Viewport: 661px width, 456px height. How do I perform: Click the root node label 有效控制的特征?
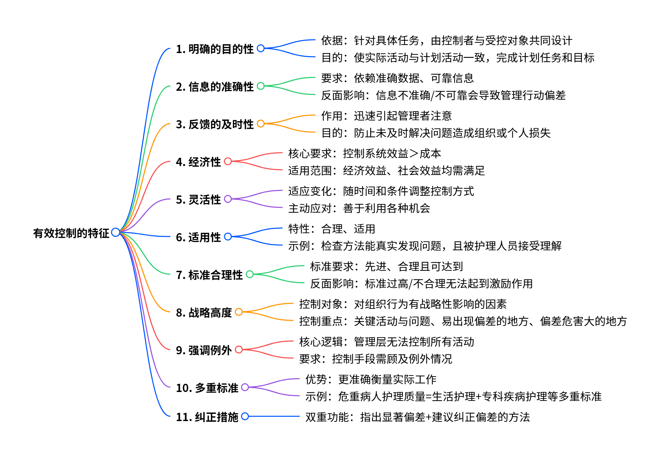click(x=71, y=233)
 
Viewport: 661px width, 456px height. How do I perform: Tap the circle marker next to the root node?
click(x=116, y=232)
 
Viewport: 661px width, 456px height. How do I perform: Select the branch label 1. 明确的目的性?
click(x=215, y=49)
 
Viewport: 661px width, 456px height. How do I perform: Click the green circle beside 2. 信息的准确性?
click(x=261, y=86)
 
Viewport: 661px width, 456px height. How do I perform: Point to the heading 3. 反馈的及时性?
click(x=215, y=124)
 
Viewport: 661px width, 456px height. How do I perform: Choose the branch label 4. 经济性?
click(x=198, y=162)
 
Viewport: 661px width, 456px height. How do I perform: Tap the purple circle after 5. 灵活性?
click(x=228, y=199)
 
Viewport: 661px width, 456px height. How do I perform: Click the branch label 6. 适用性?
click(x=198, y=237)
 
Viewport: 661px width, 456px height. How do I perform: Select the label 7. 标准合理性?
click(x=209, y=275)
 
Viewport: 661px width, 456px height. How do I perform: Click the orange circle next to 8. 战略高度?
click(x=239, y=312)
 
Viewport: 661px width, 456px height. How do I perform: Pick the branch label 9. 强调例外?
click(x=204, y=350)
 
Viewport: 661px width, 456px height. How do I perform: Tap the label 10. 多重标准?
click(x=207, y=388)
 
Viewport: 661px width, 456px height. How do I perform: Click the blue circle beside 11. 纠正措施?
click(x=245, y=416)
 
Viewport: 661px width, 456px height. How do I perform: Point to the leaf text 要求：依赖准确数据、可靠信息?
click(x=397, y=78)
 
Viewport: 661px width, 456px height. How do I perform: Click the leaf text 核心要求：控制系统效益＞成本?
click(x=364, y=154)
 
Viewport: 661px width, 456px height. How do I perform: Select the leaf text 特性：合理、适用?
click(x=332, y=229)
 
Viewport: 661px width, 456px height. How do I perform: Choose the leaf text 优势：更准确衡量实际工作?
click(x=371, y=380)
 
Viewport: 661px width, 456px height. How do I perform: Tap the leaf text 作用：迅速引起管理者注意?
click(x=386, y=116)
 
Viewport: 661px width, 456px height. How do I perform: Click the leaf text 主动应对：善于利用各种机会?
click(x=359, y=208)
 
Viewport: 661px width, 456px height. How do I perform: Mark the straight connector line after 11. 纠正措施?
click(x=274, y=416)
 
